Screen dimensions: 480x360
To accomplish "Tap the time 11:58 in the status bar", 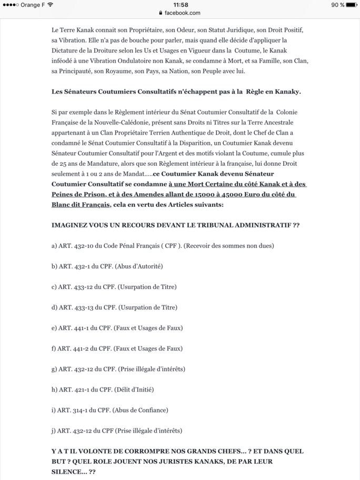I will [x=180, y=5].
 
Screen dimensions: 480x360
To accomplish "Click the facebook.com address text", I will [x=182, y=13].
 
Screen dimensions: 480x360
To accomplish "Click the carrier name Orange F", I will [x=31, y=5].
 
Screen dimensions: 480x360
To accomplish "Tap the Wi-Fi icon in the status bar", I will [x=50, y=5].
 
